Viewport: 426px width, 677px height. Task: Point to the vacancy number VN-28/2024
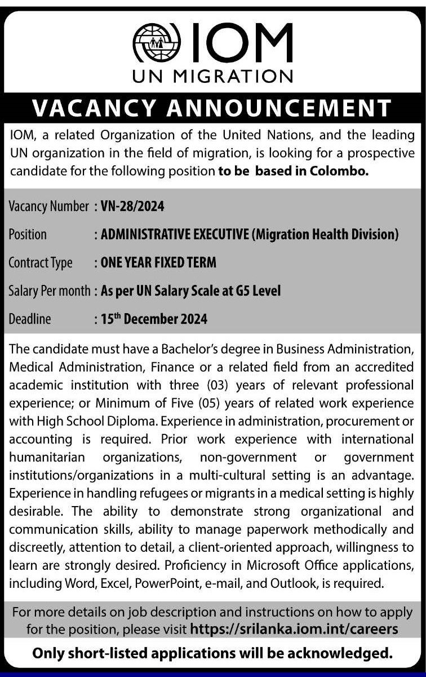point(132,206)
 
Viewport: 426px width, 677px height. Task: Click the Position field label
point(28,235)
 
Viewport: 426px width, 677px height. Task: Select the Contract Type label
point(41,263)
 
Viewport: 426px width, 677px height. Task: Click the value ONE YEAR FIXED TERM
point(158,263)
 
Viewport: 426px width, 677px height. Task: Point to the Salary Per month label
point(49,291)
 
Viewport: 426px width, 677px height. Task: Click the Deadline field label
point(30,319)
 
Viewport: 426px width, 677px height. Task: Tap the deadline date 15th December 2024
point(154,319)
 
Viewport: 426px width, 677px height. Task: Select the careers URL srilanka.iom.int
point(294,628)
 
